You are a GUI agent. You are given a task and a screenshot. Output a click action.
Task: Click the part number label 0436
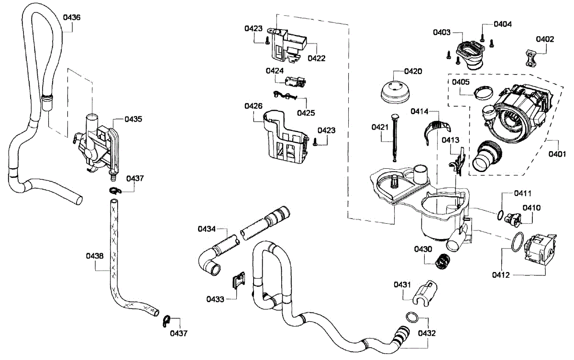coord(72,17)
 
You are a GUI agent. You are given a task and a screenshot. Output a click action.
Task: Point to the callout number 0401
coord(557,154)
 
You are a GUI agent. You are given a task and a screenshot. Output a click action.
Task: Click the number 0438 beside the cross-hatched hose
coord(95,256)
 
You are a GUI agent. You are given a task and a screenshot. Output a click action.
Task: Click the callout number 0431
coord(402,285)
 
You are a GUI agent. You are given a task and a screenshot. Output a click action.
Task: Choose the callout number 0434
coord(207,229)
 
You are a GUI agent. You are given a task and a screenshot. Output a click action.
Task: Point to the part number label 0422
coord(317,58)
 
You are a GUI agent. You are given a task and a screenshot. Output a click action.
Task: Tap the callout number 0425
coord(306,113)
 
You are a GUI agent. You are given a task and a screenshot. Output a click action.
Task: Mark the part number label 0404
coord(503,24)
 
